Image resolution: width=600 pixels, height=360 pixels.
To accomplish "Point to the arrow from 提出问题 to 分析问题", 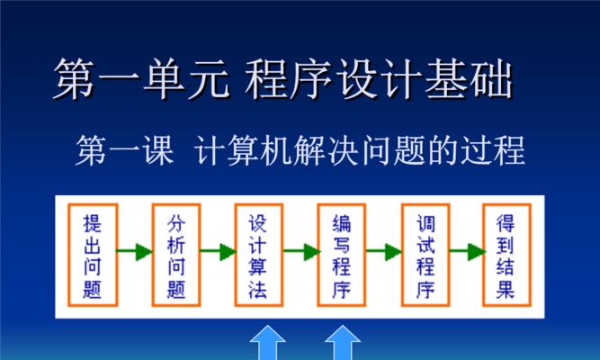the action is click(x=135, y=252).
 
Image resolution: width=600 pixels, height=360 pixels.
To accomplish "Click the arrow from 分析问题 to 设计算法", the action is click(x=218, y=252).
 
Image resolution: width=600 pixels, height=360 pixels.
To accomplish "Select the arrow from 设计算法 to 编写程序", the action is click(x=301, y=252).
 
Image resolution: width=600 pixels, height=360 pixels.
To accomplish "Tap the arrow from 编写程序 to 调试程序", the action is click(x=384, y=252).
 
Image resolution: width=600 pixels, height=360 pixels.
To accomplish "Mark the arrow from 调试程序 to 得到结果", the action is click(x=467, y=252).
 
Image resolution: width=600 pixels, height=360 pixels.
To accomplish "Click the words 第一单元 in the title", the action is click(x=141, y=78).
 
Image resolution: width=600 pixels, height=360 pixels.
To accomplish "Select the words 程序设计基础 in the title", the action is click(x=379, y=78).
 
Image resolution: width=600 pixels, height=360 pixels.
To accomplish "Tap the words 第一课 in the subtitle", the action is click(x=125, y=150).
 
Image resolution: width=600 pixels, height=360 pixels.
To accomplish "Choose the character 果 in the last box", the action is click(x=506, y=288).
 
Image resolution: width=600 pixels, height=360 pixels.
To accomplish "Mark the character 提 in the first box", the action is click(x=93, y=223).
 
